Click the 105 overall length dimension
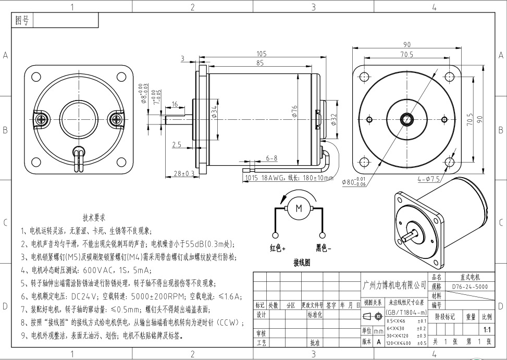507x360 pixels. (x=261, y=54)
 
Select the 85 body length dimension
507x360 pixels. (x=259, y=63)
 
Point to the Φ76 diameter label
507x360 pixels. (x=294, y=111)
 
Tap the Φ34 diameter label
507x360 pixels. (x=214, y=111)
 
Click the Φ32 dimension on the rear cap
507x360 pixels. (x=334, y=120)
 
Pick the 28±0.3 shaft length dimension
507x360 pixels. (x=184, y=173)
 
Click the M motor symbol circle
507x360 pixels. (x=299, y=208)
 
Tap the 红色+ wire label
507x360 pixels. (x=277, y=248)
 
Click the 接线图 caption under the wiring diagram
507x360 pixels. (x=302, y=262)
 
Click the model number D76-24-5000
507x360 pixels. (x=469, y=287)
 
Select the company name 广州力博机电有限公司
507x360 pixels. (x=394, y=285)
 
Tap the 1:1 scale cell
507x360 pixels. (x=487, y=330)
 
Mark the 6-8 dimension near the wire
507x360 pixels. (x=271, y=158)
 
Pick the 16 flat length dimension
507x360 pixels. (x=175, y=104)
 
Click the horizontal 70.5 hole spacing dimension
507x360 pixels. (x=406, y=54)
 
